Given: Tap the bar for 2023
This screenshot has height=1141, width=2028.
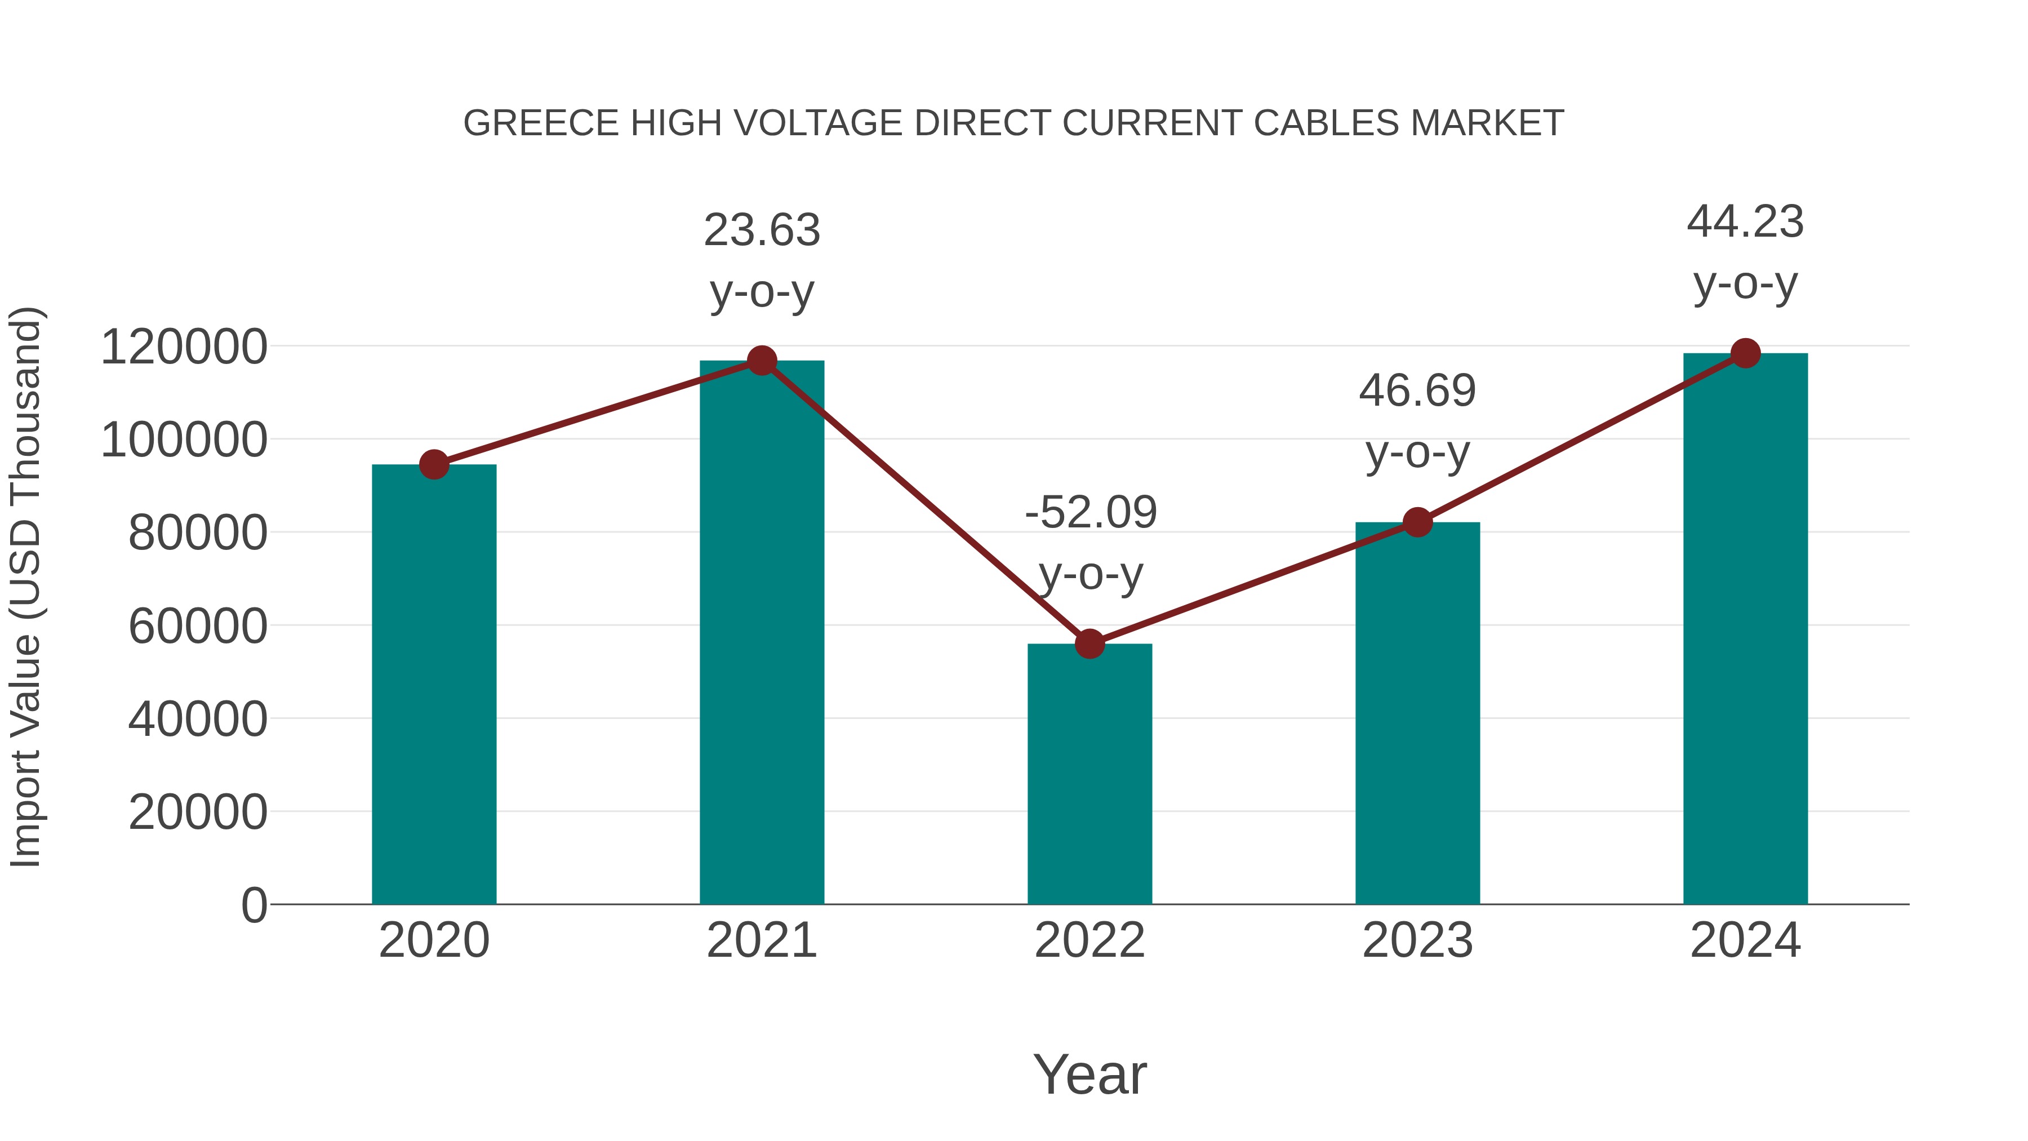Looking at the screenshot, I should click(1417, 713).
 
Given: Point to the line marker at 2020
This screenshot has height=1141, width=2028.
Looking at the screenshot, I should click(434, 465).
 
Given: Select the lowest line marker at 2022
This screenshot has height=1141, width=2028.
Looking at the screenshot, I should click(1089, 643).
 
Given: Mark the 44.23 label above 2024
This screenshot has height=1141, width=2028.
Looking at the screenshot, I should click(1745, 221).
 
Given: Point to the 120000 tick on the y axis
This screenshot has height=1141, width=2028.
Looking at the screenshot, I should click(184, 347).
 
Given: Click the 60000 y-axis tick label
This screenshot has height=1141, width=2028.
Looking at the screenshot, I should click(198, 627).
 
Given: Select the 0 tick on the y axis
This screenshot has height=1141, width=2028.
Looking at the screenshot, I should click(254, 905).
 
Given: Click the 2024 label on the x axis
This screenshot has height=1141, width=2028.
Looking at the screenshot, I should click(1745, 940).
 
